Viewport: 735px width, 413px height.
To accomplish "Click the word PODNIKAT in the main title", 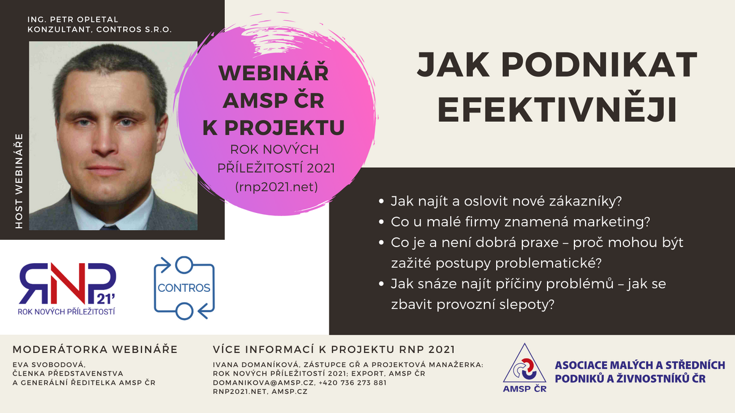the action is [x=599, y=65].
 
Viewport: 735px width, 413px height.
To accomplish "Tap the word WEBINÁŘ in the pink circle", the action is [x=274, y=73].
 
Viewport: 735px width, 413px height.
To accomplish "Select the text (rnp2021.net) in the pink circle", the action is [x=277, y=187].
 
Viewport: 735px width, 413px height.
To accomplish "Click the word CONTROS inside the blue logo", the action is [x=184, y=288].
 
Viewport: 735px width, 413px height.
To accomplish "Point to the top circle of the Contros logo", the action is [x=184, y=265].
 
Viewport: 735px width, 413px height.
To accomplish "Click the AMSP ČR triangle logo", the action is [x=525, y=368].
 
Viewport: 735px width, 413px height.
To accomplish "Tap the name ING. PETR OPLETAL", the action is [x=73, y=20].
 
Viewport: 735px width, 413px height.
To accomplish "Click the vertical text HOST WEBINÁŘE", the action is [x=19, y=181].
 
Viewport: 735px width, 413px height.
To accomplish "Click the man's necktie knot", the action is [x=110, y=228].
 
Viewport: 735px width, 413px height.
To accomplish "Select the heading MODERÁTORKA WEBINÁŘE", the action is [x=95, y=349].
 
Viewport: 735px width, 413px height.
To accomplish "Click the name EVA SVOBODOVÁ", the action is [x=49, y=365].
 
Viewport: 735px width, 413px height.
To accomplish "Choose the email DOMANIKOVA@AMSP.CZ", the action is [x=263, y=382].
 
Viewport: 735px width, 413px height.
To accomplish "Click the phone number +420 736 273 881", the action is [x=352, y=382].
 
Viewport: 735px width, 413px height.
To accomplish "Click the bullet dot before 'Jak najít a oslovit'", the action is [x=381, y=201].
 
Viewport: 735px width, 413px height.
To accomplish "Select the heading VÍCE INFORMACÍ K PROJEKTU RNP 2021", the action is [x=334, y=349].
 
